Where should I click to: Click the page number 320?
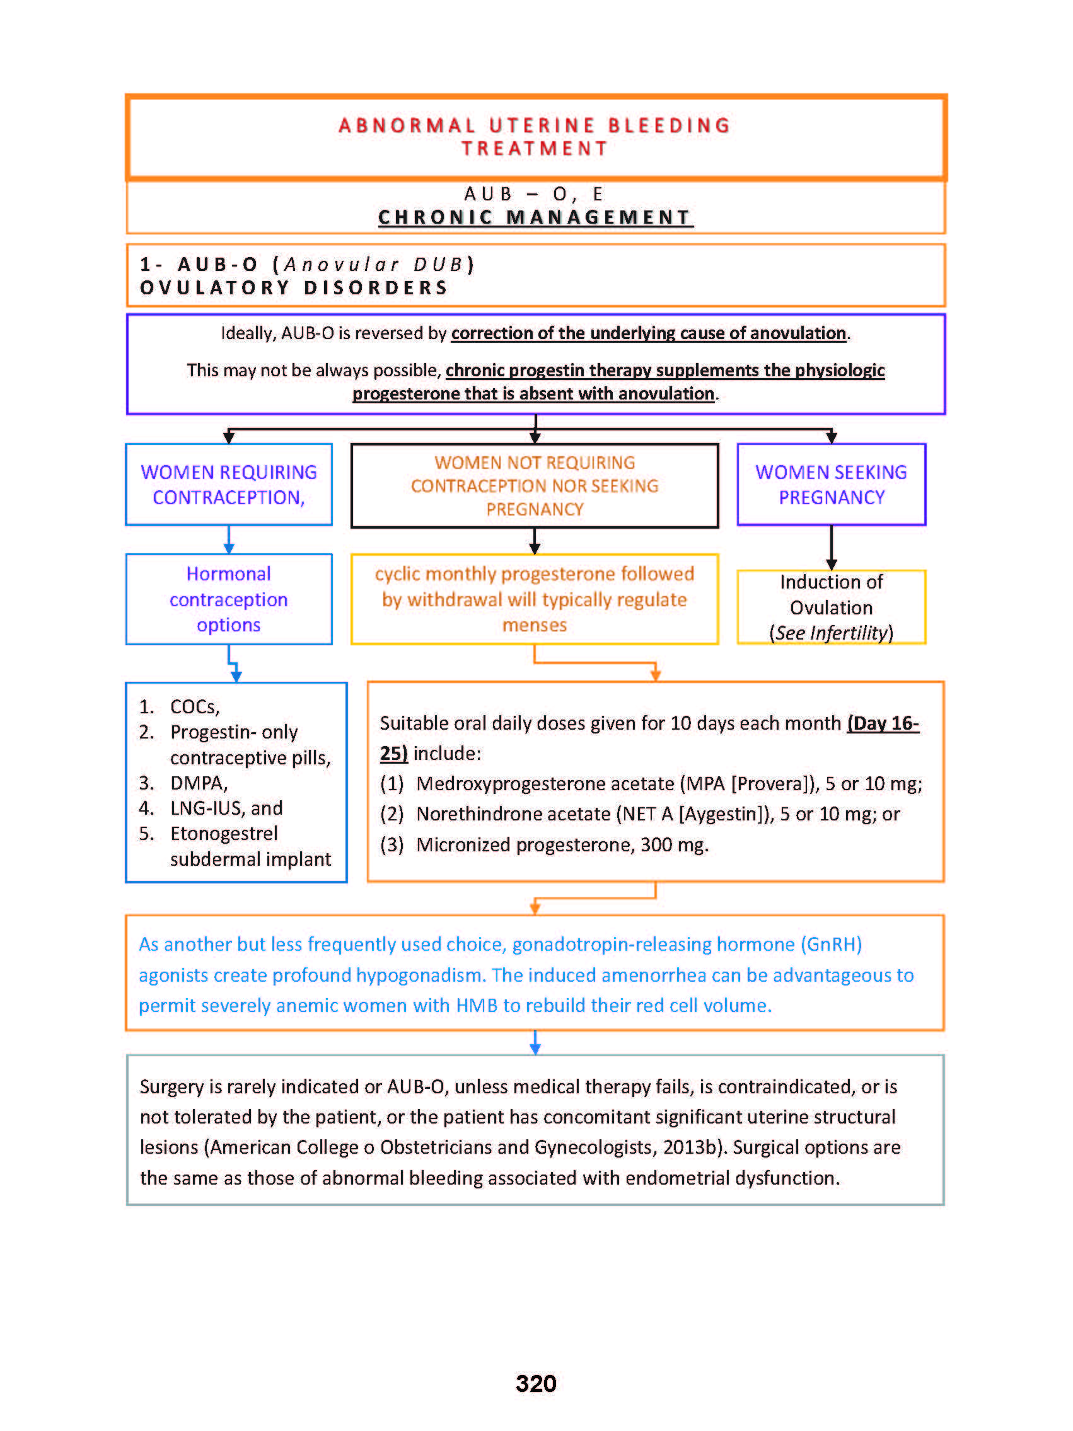coord(535,1382)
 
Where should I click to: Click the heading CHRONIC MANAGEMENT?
coord(535,217)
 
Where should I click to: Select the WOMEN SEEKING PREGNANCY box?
coord(830,484)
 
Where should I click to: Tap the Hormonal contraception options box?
coord(228,599)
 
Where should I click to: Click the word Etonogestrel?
coord(223,833)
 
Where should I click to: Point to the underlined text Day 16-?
coord(883,723)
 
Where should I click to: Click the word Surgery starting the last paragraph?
coord(171,1086)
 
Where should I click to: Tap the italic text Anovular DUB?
coord(373,265)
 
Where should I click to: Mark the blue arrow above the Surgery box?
coord(535,1042)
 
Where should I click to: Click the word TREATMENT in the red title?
coord(535,149)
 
